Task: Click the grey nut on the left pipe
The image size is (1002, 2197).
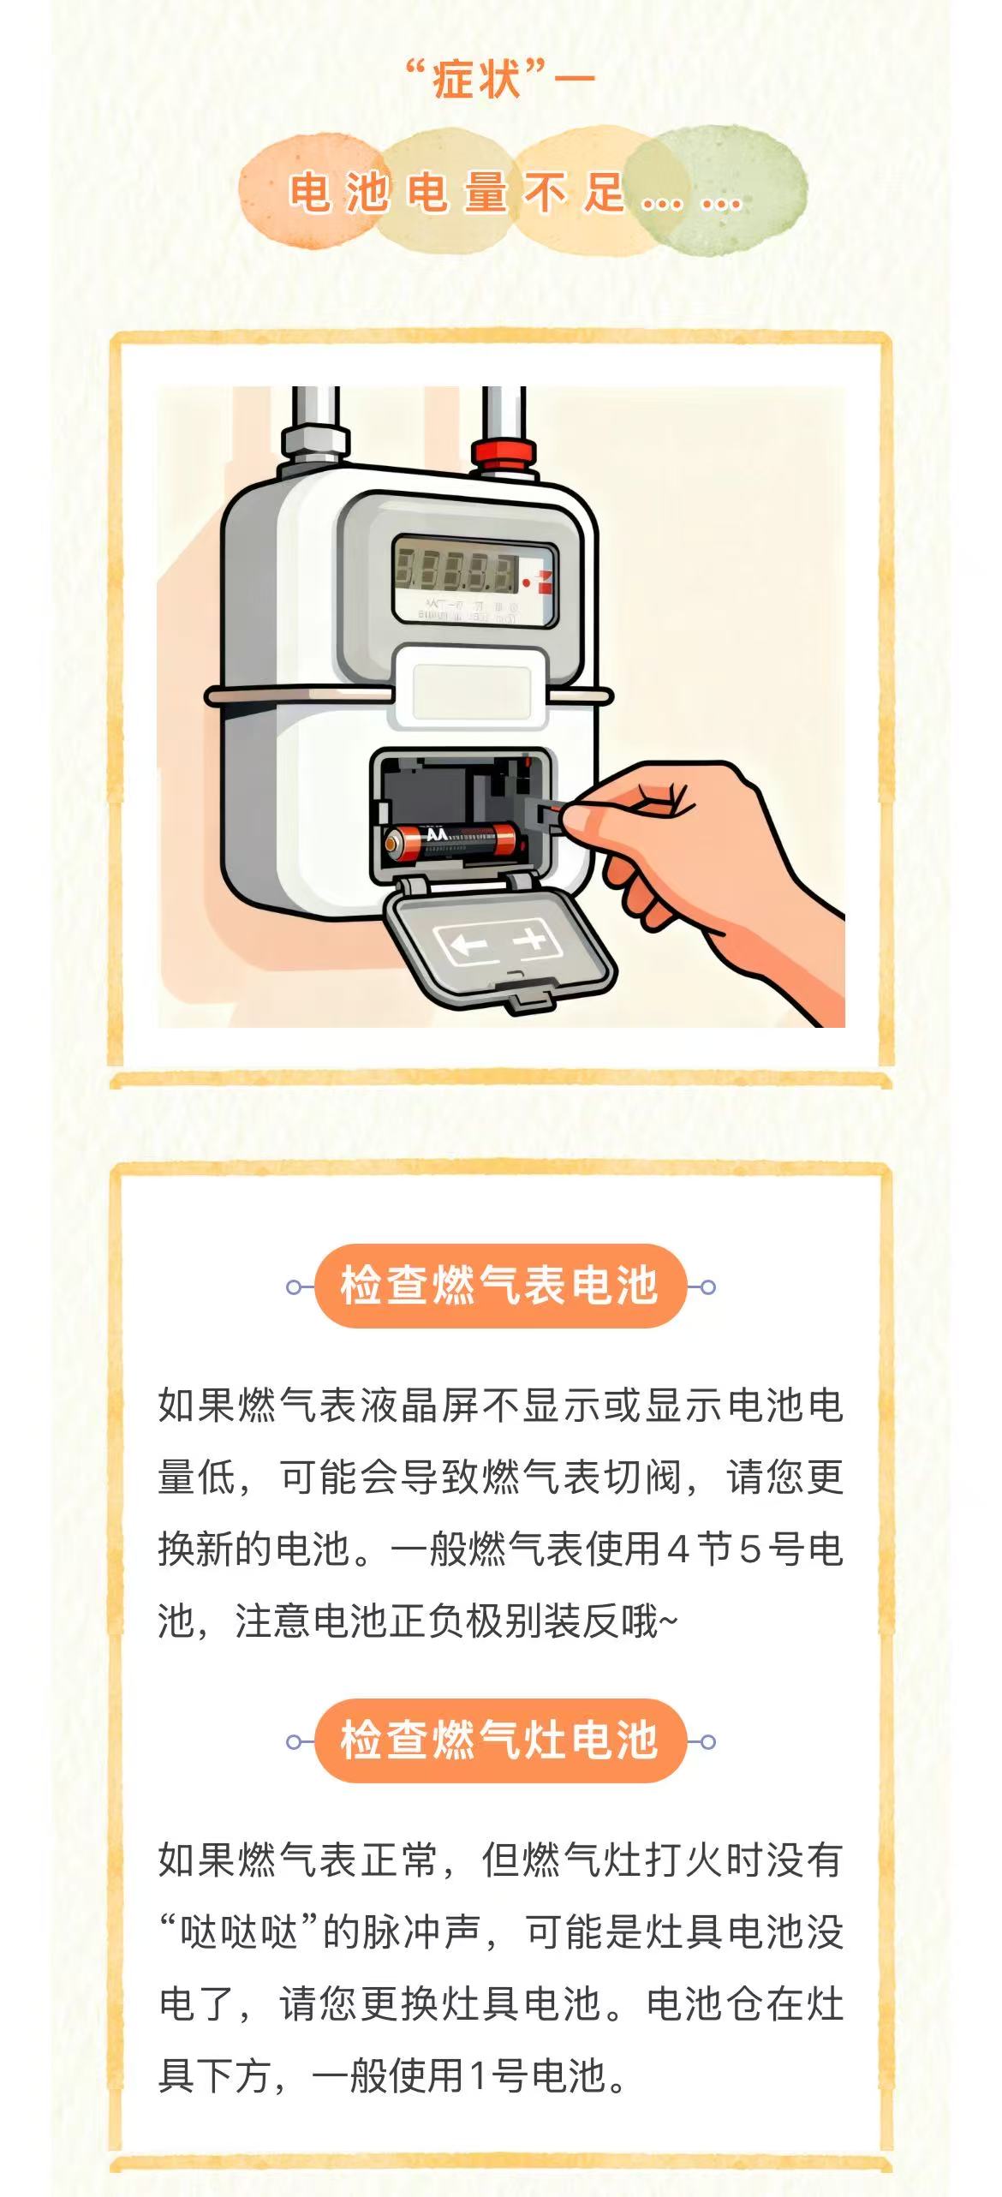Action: [315, 441]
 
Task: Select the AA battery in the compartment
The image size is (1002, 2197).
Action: [452, 841]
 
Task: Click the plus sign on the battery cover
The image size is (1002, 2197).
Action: [530, 940]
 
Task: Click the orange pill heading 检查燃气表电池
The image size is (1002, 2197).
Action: [500, 1286]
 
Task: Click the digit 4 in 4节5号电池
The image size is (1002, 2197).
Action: [678, 1549]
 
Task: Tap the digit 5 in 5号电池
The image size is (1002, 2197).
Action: [750, 1549]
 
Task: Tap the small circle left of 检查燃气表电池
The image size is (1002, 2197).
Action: [294, 1287]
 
